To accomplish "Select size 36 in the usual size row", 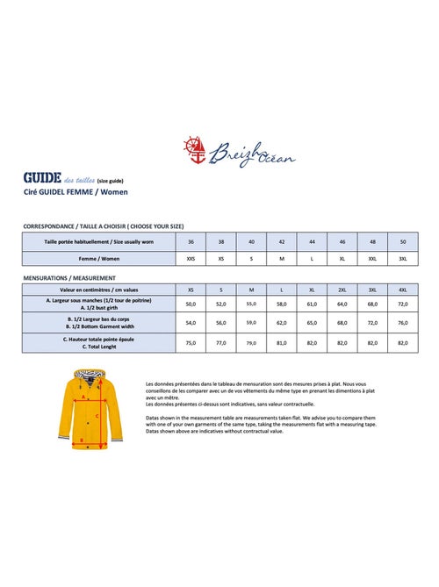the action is (191, 240).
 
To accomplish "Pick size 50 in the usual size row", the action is (403, 240).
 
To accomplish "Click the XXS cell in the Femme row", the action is (191, 258).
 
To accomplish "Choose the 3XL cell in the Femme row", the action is (403, 258).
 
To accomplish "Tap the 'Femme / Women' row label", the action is (98, 258).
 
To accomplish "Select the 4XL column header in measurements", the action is (403, 289).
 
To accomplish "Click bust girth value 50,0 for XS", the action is (191, 304).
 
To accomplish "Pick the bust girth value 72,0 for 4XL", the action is (403, 304).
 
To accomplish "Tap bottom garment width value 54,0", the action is (191, 323).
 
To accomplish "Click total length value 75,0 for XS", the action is (191, 343).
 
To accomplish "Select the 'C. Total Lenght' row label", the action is (98, 347).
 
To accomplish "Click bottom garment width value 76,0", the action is (403, 323).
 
